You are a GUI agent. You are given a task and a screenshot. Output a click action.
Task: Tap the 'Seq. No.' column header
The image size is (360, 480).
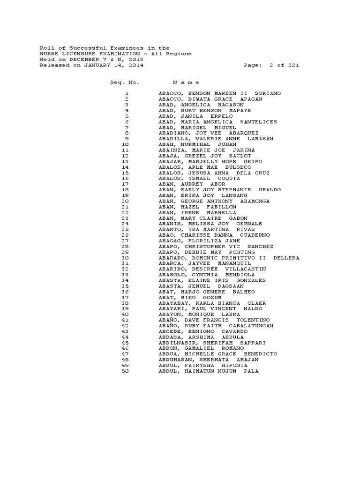coord(125,82)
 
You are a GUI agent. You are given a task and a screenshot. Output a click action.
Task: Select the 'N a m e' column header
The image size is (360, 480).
coord(186,82)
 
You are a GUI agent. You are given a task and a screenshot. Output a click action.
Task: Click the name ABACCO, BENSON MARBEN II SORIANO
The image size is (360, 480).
coord(220,93)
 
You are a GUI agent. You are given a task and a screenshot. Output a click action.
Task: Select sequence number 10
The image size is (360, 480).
coord(125,144)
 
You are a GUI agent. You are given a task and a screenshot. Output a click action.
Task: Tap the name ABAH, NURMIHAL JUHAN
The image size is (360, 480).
coord(197,144)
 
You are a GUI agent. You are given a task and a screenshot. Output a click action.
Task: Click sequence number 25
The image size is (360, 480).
coord(125,229)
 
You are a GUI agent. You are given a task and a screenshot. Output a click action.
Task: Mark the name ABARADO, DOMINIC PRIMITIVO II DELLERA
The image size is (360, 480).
coord(229,258)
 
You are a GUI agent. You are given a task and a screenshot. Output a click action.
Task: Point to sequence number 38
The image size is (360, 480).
coord(125,303)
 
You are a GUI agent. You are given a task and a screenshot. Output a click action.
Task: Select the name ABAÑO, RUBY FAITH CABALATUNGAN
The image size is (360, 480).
coord(216,325)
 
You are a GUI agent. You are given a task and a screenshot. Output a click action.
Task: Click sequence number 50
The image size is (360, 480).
coord(125,371)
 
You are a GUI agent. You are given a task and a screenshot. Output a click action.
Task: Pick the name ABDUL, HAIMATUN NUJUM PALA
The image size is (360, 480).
coord(209,371)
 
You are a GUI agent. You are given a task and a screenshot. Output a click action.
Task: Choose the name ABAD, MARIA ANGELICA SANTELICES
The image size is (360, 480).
coord(217,122)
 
